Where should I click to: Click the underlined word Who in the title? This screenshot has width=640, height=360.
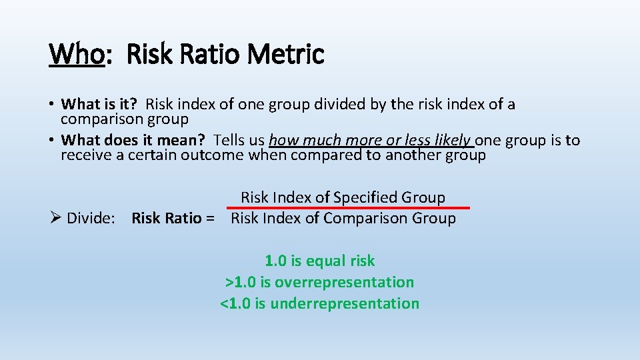coord(76,54)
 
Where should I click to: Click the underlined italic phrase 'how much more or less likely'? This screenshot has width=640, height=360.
coord(369,140)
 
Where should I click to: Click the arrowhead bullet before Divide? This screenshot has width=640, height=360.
coord(56,218)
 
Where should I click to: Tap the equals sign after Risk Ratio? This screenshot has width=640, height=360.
coord(211,218)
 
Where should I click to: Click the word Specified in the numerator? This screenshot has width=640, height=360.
coord(365,197)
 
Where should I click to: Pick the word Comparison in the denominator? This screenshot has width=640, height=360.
coord(370,218)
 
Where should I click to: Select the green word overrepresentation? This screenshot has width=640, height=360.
coord(344,282)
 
